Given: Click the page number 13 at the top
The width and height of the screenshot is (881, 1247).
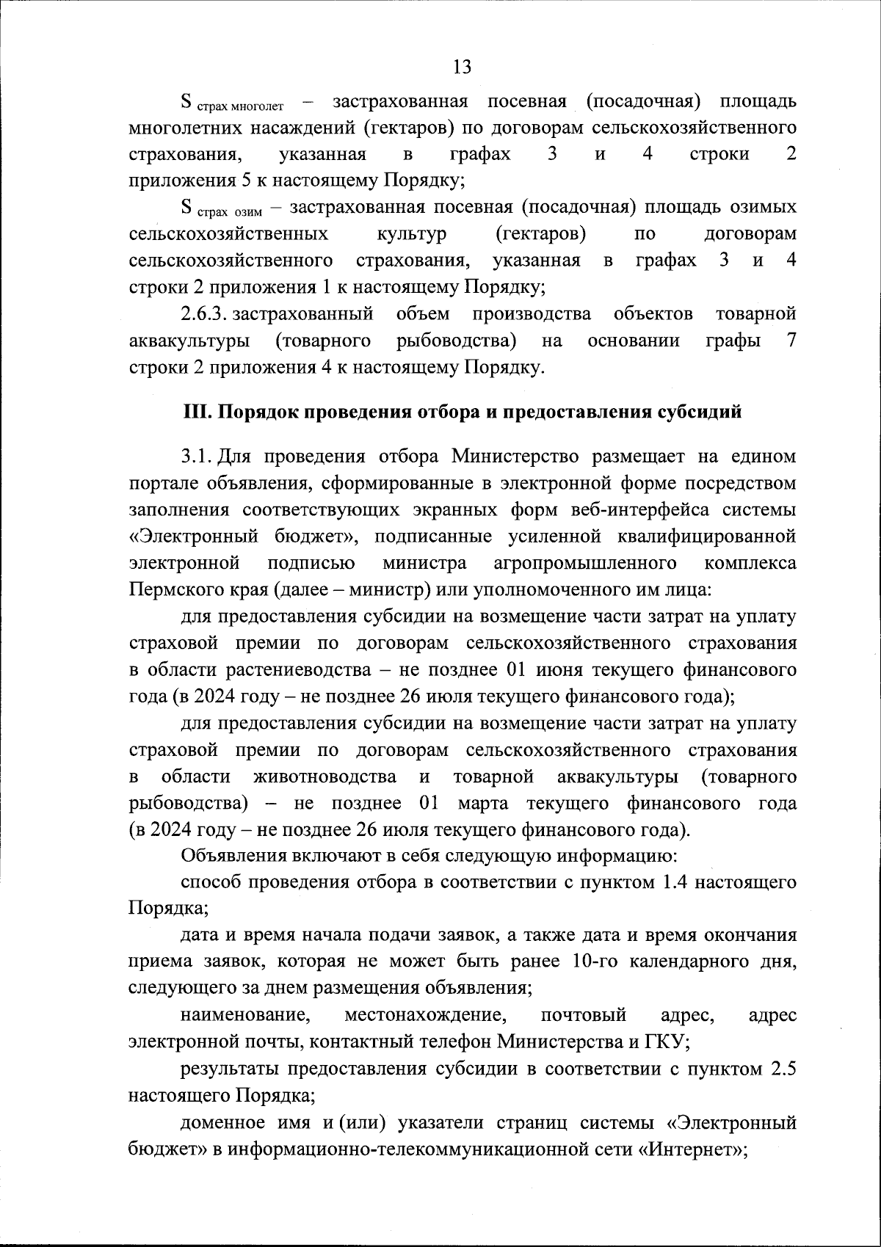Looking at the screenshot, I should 462,68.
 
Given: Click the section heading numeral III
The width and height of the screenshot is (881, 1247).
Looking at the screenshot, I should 195,412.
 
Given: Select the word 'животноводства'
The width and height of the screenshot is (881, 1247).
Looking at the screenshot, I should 324,777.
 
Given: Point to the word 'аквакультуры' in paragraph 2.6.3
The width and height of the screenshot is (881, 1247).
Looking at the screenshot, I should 188,341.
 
